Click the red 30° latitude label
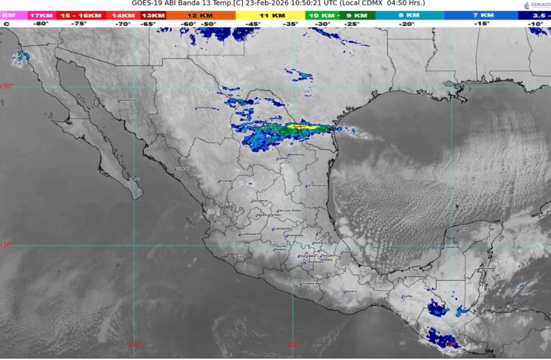pyautogui.click(x=7, y=86)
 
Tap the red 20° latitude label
pyautogui.click(x=7, y=245)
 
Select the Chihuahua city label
pyautogui.click(x=207, y=109)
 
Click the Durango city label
pyautogui.click(x=225, y=181)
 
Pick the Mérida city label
pyautogui.click(x=462, y=228)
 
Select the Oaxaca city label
pyautogui.click(x=351, y=291)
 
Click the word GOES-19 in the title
pyautogui.click(x=148, y=4)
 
